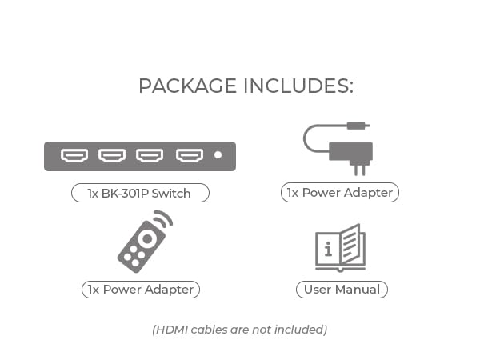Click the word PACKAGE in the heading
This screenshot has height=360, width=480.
tap(187, 86)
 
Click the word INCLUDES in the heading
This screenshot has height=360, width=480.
tap(298, 86)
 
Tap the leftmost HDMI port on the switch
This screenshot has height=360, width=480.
tap(74, 155)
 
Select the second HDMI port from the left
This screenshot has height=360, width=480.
tap(112, 155)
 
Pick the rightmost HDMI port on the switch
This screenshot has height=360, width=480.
tap(190, 155)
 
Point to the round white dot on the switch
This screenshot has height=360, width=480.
tap(218, 155)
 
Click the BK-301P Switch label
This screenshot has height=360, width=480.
tap(140, 193)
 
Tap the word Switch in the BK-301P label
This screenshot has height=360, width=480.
tap(171, 194)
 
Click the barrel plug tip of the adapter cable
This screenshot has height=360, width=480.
tap(358, 126)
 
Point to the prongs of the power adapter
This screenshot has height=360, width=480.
tap(360, 168)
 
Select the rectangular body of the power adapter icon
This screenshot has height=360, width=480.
tap(351, 151)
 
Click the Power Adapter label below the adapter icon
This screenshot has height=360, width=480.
tap(340, 193)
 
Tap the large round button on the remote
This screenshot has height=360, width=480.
tap(147, 238)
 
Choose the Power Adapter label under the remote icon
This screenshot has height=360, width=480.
tap(141, 290)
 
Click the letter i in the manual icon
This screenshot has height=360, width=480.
tap(328, 249)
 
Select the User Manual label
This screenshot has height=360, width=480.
tap(342, 290)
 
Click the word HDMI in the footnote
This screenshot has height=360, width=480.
tap(172, 330)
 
